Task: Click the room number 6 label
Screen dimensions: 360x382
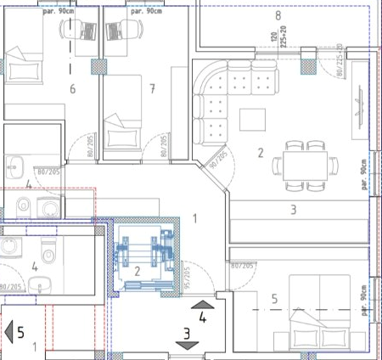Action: [x=72, y=88]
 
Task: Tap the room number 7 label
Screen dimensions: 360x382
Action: [x=151, y=87]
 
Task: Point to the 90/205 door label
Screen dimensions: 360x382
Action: [x=220, y=160]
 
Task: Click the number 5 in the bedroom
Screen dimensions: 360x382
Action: [x=274, y=298]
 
